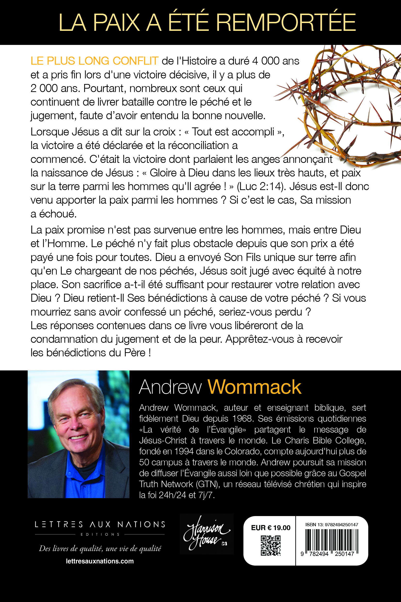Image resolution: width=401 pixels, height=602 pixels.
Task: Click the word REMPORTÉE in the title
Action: [286, 23]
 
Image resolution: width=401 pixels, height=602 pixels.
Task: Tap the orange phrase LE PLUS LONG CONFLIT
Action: [94, 61]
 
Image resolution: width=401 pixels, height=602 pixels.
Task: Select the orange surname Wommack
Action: [254, 387]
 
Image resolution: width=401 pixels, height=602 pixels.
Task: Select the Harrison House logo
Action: [207, 534]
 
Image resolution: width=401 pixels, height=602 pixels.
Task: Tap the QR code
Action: [270, 546]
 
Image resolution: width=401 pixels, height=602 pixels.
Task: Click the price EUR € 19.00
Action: [271, 528]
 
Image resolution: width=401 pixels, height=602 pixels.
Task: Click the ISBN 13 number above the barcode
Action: [332, 525]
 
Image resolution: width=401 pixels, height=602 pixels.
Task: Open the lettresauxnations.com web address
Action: [100, 561]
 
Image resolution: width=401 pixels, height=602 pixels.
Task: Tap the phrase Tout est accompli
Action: [233, 132]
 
